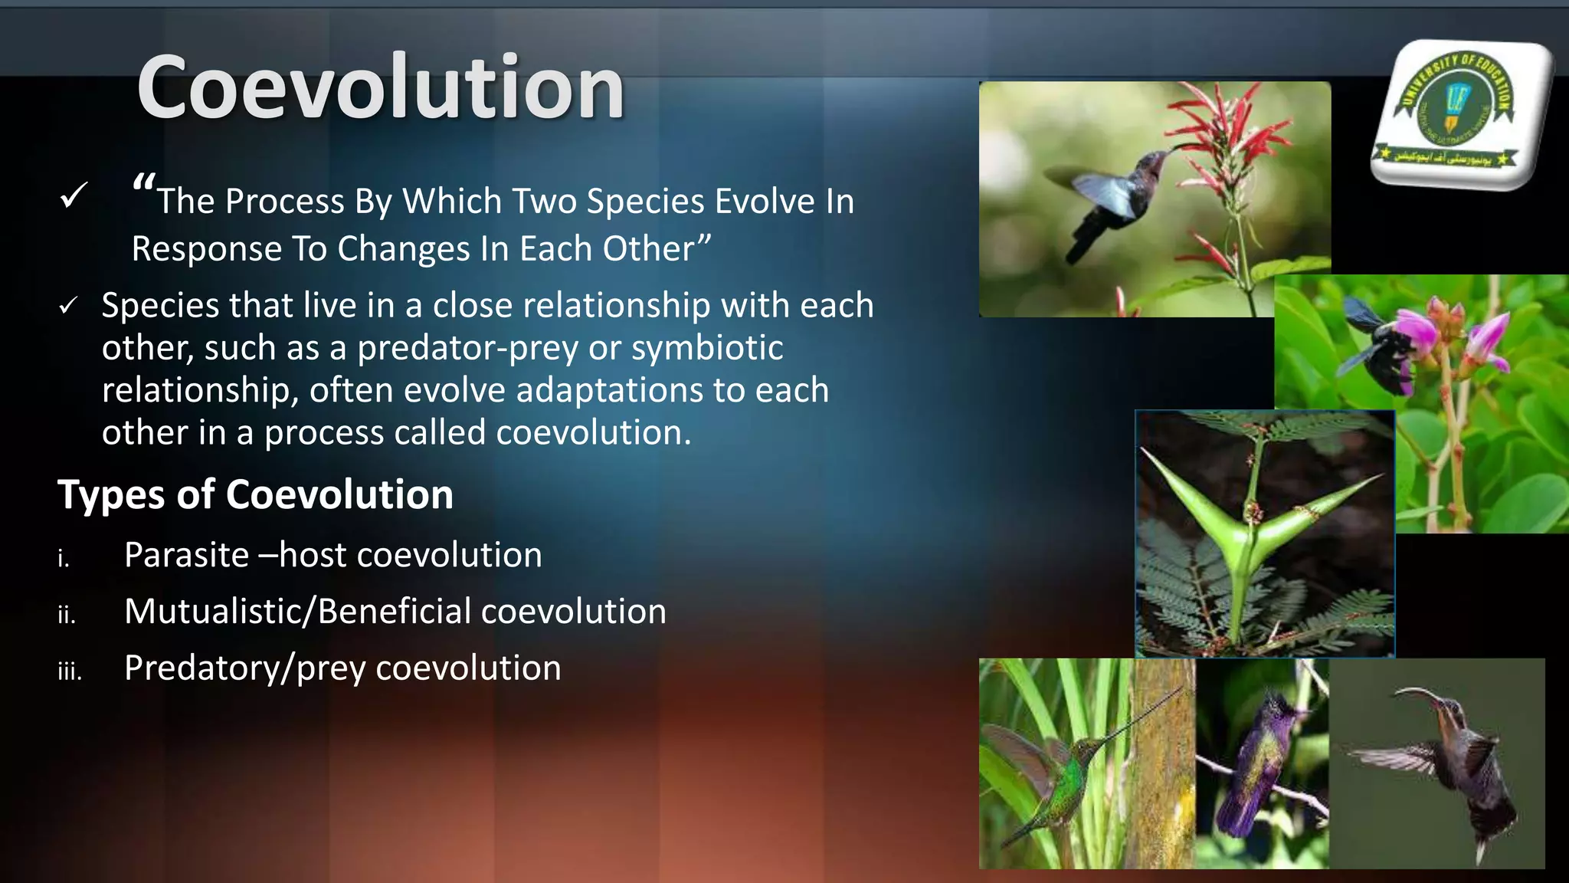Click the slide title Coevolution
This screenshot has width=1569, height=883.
click(x=381, y=87)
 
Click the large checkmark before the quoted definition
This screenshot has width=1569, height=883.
click(x=74, y=196)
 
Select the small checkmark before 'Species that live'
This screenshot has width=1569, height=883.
click(x=68, y=306)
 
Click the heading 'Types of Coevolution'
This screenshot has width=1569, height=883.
click(x=255, y=494)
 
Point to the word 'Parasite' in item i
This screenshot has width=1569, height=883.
click(x=186, y=555)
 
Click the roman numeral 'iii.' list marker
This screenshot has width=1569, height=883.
click(x=69, y=671)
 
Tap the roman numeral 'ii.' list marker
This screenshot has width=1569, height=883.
click(x=67, y=615)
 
